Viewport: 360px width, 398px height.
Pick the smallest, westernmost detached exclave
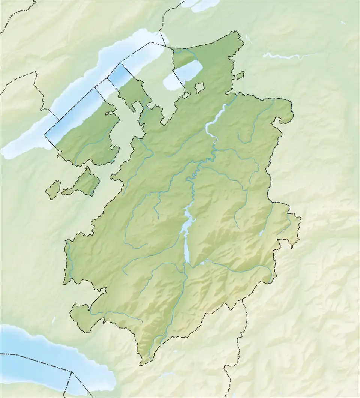click(x=53, y=190)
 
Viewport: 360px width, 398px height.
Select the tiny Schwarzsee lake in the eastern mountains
click(x=261, y=233)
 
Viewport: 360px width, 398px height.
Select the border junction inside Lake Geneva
click(x=71, y=372)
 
